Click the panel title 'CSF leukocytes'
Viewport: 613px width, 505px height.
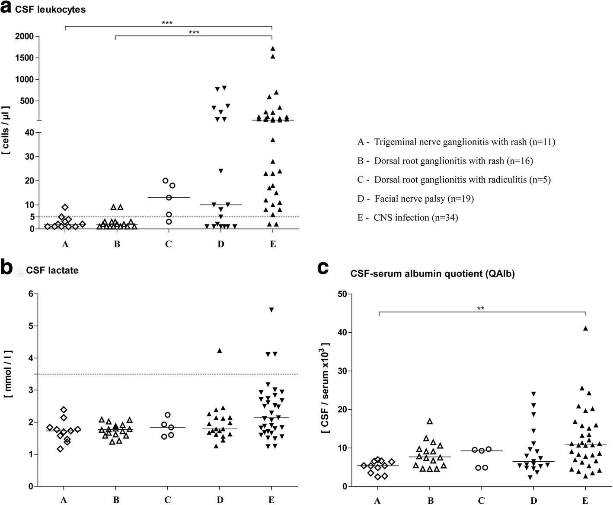click(x=50, y=10)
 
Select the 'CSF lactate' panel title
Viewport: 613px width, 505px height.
click(x=52, y=270)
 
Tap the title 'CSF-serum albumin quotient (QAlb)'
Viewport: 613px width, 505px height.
click(x=432, y=273)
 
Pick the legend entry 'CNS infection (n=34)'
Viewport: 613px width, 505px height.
click(x=408, y=218)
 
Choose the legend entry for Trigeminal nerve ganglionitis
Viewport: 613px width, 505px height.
click(x=456, y=142)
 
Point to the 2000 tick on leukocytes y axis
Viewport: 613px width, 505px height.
click(x=24, y=36)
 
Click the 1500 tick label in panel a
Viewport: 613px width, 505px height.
click(x=24, y=58)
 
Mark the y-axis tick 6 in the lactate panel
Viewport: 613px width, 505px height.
click(x=30, y=294)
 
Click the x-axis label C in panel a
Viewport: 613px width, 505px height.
click(x=168, y=244)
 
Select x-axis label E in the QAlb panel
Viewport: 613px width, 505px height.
click(x=585, y=501)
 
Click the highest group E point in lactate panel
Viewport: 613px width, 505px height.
click(x=271, y=310)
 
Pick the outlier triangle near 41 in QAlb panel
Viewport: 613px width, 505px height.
click(x=585, y=328)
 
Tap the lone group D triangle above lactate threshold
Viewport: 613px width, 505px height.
click(x=219, y=351)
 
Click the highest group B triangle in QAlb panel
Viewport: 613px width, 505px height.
click(x=430, y=421)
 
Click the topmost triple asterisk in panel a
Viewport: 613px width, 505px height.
click(x=167, y=23)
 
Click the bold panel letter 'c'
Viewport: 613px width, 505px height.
click(x=323, y=268)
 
